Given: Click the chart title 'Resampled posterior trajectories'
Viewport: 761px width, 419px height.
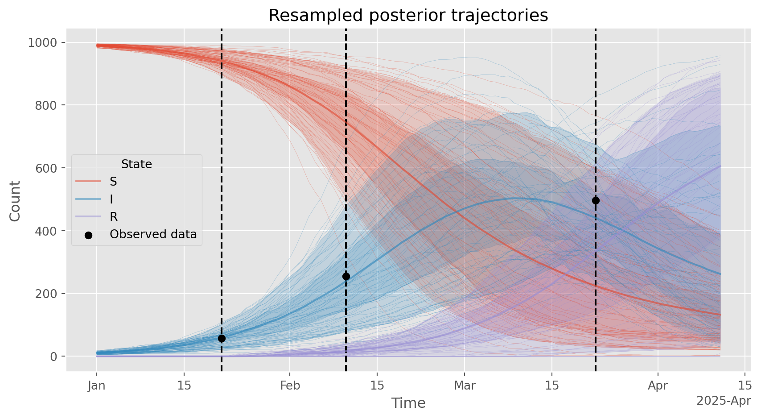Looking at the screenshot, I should [408, 16].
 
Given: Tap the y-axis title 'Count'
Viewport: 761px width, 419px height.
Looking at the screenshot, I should [15, 201].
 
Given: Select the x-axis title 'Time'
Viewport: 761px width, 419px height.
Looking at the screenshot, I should [408, 403].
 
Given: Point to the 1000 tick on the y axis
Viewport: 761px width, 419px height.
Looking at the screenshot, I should [42, 43].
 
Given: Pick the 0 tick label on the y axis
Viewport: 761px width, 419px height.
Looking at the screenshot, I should [54, 357].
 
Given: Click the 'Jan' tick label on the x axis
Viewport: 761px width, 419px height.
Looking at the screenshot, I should [97, 386].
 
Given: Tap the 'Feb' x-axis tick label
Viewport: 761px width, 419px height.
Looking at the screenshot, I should [290, 386].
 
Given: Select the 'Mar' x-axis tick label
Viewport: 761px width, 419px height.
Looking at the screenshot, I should [465, 386].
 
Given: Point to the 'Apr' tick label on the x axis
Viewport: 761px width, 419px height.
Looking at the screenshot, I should [658, 386].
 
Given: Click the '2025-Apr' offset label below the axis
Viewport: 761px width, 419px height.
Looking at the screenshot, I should [724, 401].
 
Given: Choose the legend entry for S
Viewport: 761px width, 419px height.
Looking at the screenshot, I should [113, 181].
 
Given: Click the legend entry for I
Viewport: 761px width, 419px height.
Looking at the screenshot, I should [111, 199].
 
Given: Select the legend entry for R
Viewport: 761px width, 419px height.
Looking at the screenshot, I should [114, 217].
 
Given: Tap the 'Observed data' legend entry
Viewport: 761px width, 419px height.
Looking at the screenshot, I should [153, 234].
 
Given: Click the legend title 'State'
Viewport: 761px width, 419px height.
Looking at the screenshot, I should [137, 164].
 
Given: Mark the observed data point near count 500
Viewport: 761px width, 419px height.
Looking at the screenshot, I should [596, 201].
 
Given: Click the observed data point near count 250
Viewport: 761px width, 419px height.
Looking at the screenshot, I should [346, 277].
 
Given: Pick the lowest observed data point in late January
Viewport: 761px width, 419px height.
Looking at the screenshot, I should [222, 339].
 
